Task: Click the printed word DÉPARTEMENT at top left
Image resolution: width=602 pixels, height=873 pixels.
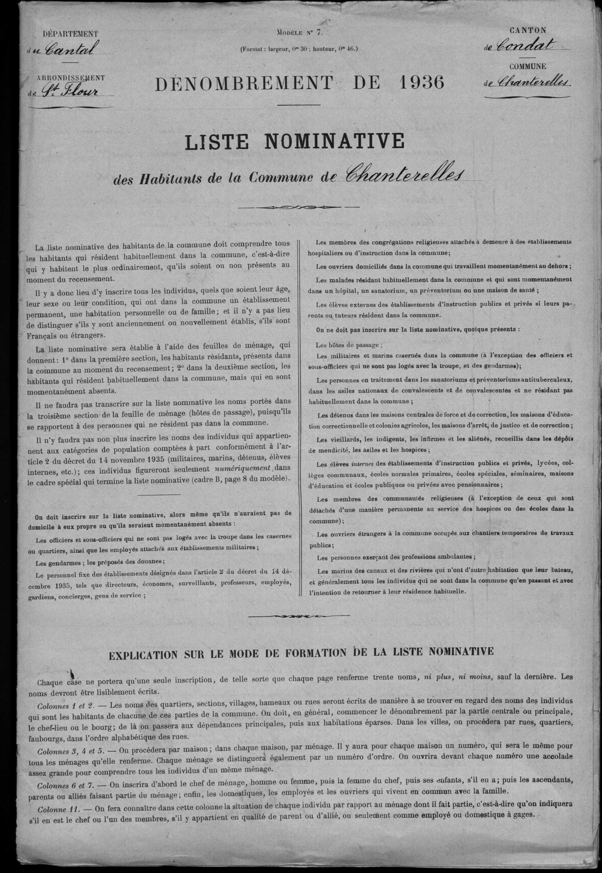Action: (70, 34)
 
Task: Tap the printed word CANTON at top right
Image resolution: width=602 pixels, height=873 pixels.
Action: (528, 30)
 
